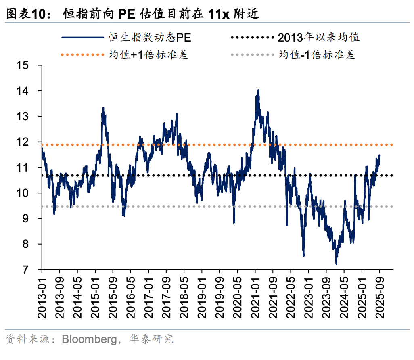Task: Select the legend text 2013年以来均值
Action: [x=319, y=38]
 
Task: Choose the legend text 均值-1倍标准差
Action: [x=317, y=54]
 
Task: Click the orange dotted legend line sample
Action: [x=83, y=54]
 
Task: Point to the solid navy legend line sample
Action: [x=83, y=38]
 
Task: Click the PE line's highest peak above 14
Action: [x=258, y=90]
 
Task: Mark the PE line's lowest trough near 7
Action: [x=336, y=264]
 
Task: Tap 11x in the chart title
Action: [x=219, y=15]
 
